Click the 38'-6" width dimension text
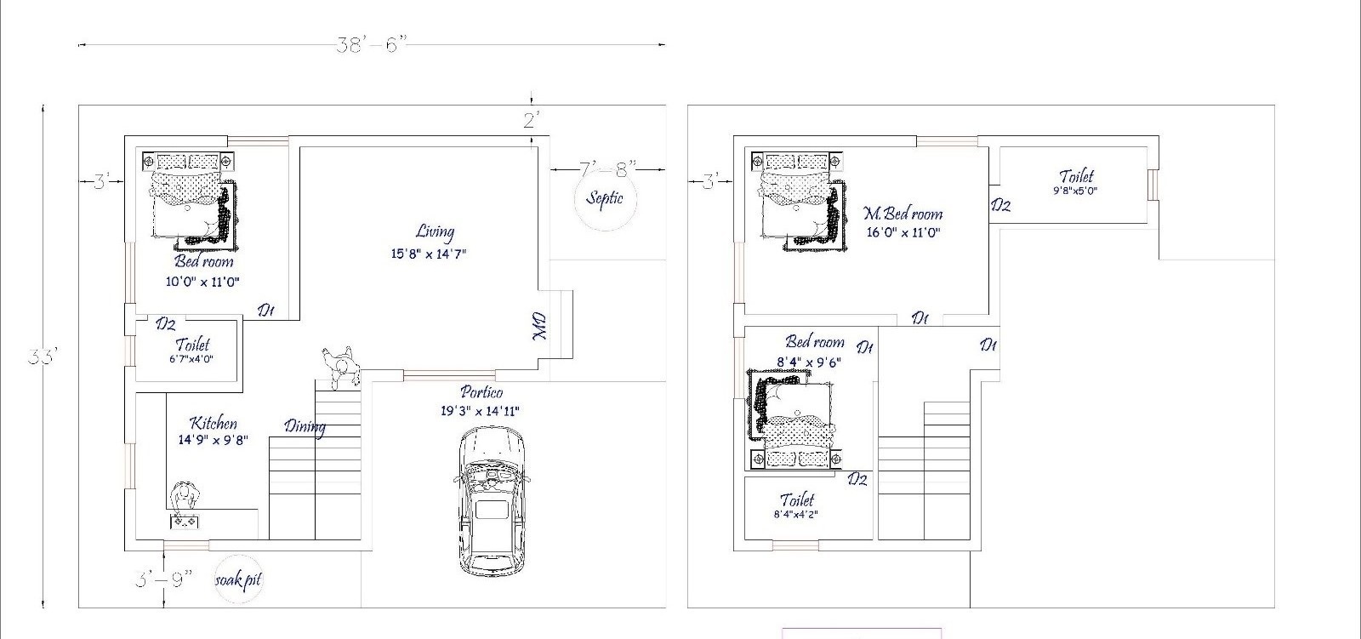pos(371,44)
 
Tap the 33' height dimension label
pos(43,357)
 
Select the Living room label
pos(435,231)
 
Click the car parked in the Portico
pos(492,499)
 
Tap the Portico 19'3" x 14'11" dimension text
pos(480,411)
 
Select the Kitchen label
pos(214,423)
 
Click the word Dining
pos(305,427)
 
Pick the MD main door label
pos(539,327)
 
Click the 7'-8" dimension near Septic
pos(607,169)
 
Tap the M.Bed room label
pos(903,214)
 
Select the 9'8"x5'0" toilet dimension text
pos(1075,191)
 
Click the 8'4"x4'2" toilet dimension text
pos(796,515)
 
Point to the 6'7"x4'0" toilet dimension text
pos(191,359)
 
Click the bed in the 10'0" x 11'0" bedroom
pos(190,202)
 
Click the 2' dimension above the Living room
pos(532,120)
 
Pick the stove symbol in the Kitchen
pos(185,521)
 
